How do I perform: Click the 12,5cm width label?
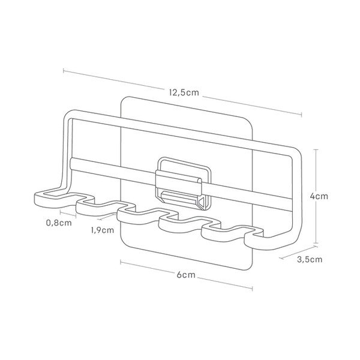pyautogui.click(x=184, y=93)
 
